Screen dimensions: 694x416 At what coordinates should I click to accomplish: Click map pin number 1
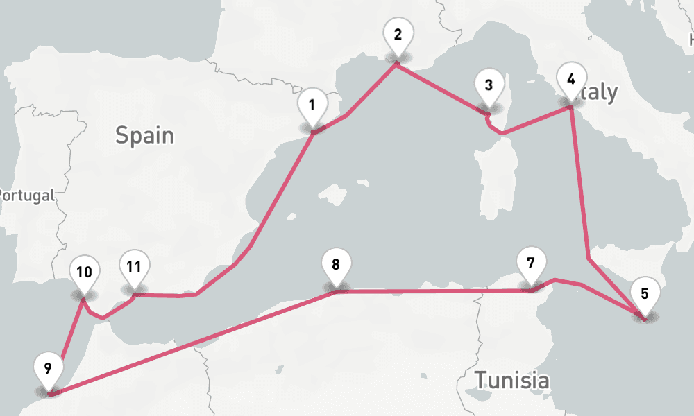(x=312, y=106)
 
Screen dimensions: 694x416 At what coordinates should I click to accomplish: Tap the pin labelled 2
(x=398, y=35)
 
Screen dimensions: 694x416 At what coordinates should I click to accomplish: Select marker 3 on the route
(x=489, y=86)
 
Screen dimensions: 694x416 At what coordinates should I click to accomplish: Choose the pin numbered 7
(x=531, y=264)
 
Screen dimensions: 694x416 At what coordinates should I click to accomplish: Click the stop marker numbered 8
(x=336, y=266)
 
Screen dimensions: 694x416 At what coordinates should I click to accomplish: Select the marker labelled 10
(x=84, y=272)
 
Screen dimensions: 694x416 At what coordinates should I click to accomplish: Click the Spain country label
(x=144, y=135)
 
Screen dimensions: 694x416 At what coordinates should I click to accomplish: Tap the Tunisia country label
(x=511, y=380)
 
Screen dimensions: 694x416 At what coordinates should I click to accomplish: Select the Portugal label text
(x=26, y=196)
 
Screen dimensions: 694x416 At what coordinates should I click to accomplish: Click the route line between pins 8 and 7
(x=430, y=292)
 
